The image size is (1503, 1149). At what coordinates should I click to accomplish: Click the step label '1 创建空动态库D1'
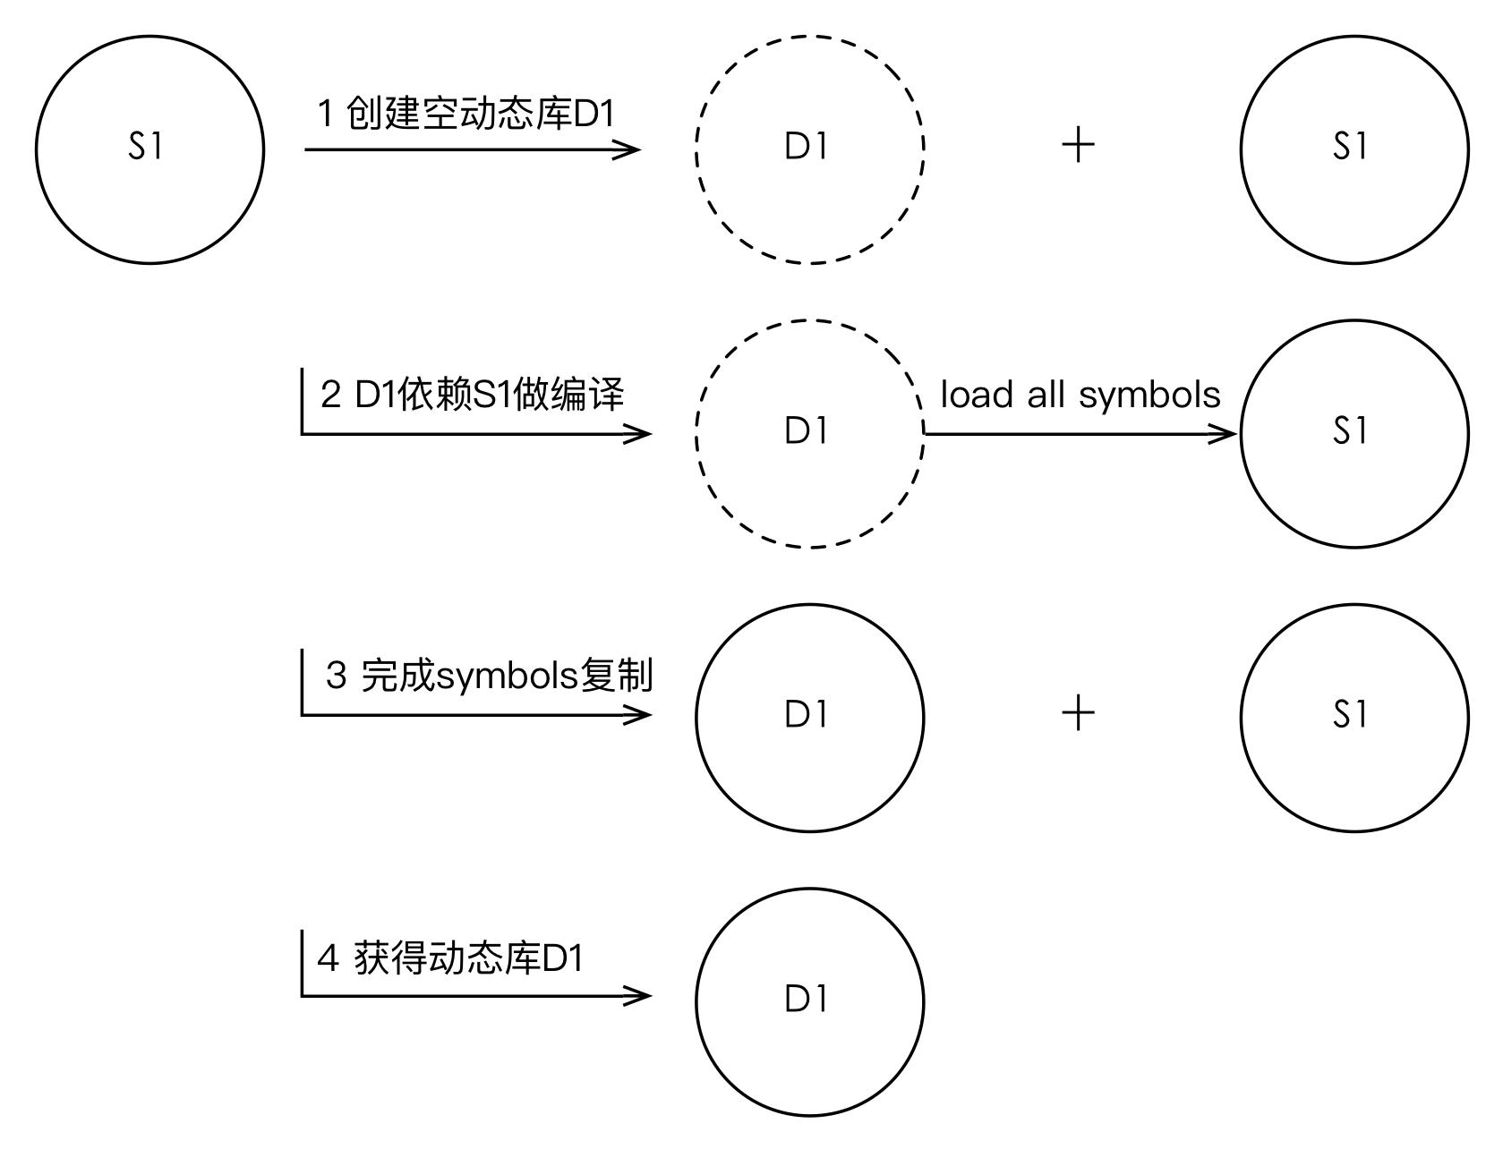point(466,115)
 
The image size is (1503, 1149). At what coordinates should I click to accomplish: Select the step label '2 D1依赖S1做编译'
point(472,395)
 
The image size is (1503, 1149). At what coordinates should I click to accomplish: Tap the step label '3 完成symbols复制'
point(489,676)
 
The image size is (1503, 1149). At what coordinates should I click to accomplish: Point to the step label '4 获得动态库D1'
point(450,958)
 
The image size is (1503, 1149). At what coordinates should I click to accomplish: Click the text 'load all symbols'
point(1080,395)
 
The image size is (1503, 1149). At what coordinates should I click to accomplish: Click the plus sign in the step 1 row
point(1079,145)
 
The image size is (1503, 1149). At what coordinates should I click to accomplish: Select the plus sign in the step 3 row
point(1079,714)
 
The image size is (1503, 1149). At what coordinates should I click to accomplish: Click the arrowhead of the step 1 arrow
point(629,149)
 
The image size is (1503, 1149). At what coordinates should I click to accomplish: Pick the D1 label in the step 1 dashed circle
point(807,147)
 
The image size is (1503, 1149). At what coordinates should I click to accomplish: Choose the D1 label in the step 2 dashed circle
point(807,431)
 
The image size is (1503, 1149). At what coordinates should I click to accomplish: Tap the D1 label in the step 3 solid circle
point(807,714)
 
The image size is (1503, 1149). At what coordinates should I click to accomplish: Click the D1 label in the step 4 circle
point(807,1000)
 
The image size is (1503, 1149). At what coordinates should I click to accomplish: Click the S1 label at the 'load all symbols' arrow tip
point(1351,431)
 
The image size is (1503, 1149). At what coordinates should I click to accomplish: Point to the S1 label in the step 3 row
point(1351,714)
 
